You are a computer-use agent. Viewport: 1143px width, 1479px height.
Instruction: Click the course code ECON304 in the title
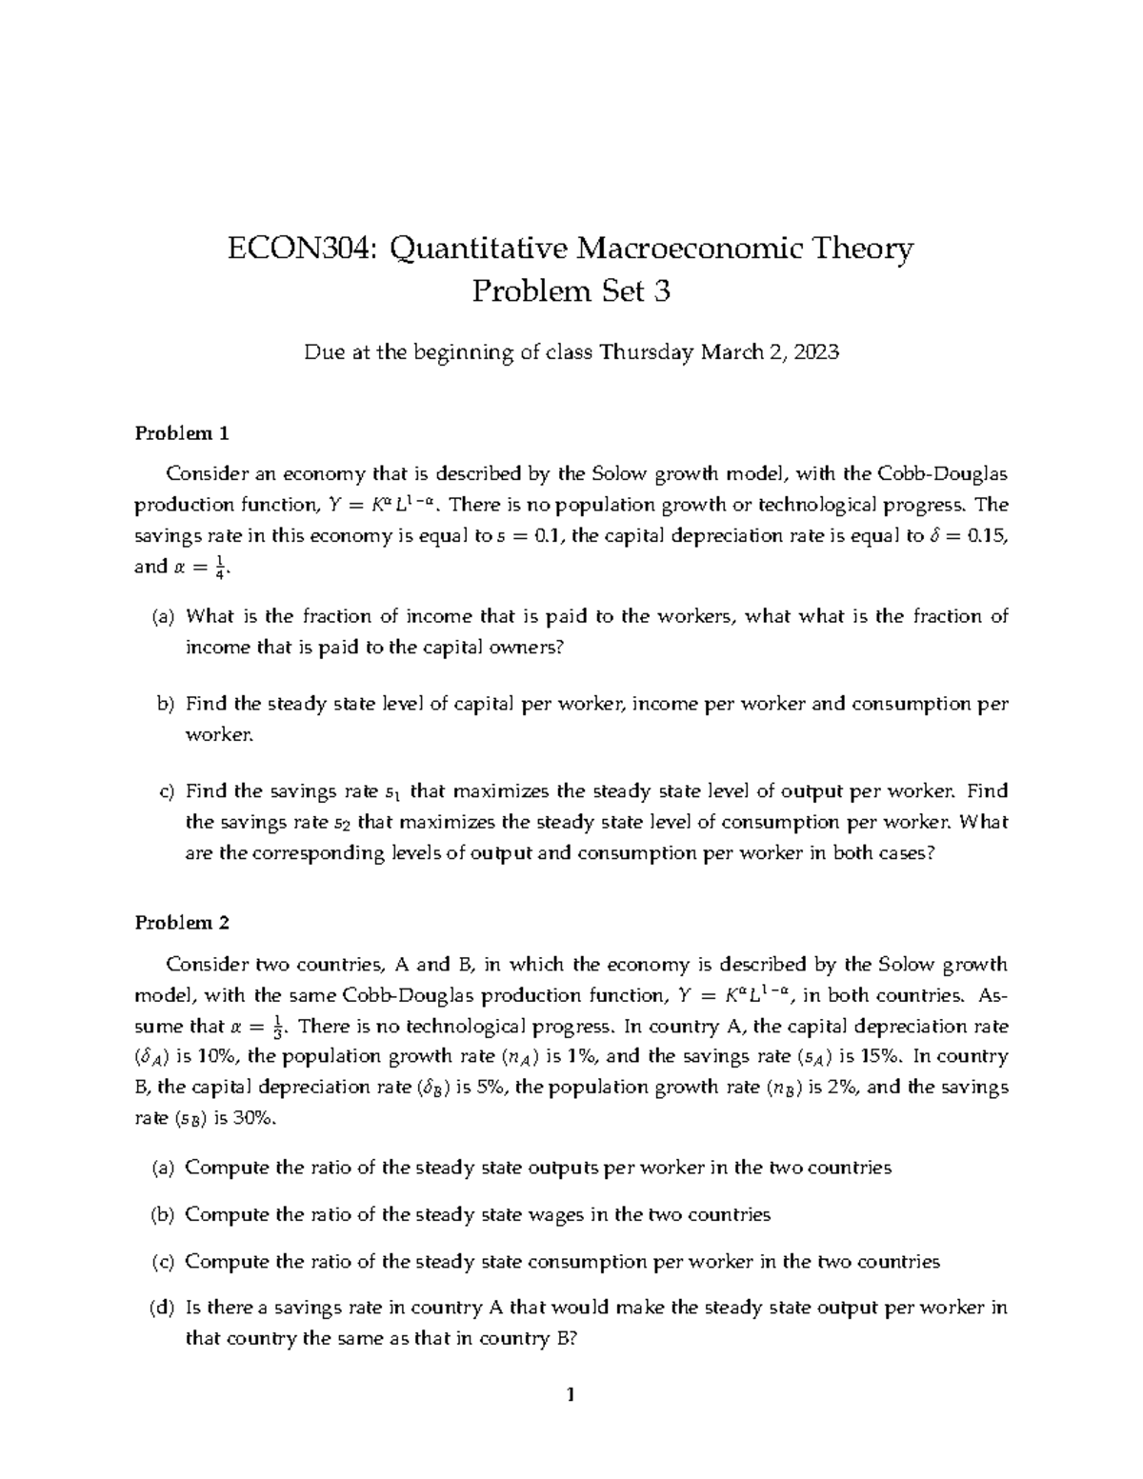click(301, 250)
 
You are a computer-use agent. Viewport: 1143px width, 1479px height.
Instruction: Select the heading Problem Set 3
click(571, 291)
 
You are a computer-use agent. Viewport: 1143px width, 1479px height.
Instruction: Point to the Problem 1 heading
click(182, 433)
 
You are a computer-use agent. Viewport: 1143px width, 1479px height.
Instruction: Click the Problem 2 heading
click(182, 922)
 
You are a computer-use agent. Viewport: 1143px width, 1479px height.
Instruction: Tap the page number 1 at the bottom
click(571, 1396)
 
